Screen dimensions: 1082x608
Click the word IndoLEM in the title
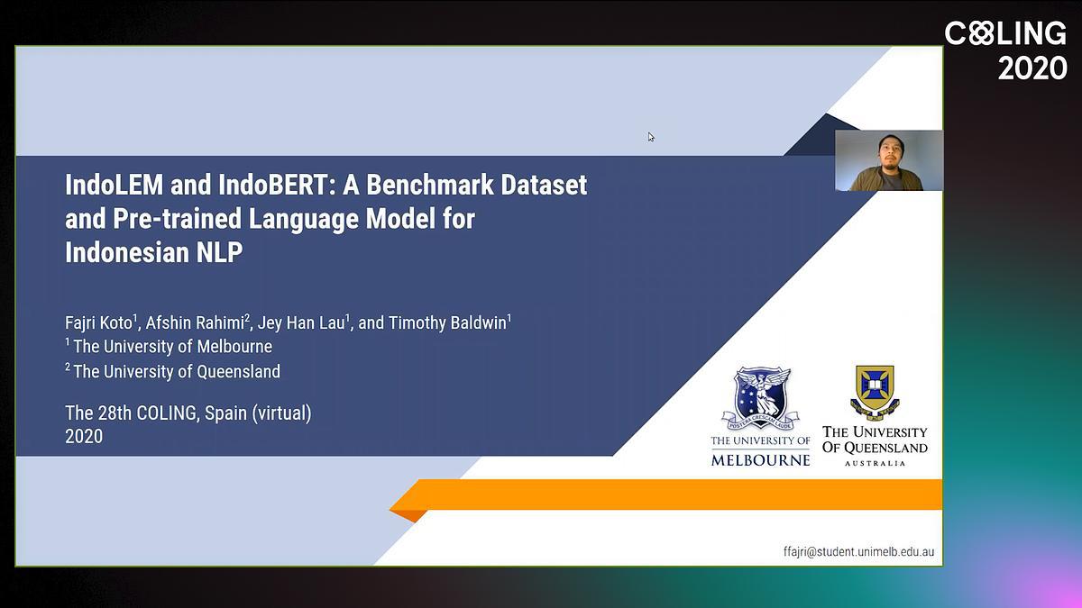pyautogui.click(x=115, y=185)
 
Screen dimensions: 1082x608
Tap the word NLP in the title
pyautogui.click(x=219, y=252)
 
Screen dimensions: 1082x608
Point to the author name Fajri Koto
pyautogui.click(x=98, y=322)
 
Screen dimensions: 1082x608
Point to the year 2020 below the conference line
pyautogui.click(x=84, y=437)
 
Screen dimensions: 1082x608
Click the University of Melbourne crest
pyautogui.click(x=761, y=398)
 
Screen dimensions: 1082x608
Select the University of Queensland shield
pyautogui.click(x=875, y=393)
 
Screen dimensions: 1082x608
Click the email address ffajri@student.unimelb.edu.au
pyautogui.click(x=858, y=552)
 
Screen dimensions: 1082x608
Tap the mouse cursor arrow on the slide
pyautogui.click(x=651, y=137)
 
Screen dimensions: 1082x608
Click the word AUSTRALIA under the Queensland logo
pyautogui.click(x=875, y=463)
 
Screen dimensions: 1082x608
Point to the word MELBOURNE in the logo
pyautogui.click(x=760, y=460)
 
